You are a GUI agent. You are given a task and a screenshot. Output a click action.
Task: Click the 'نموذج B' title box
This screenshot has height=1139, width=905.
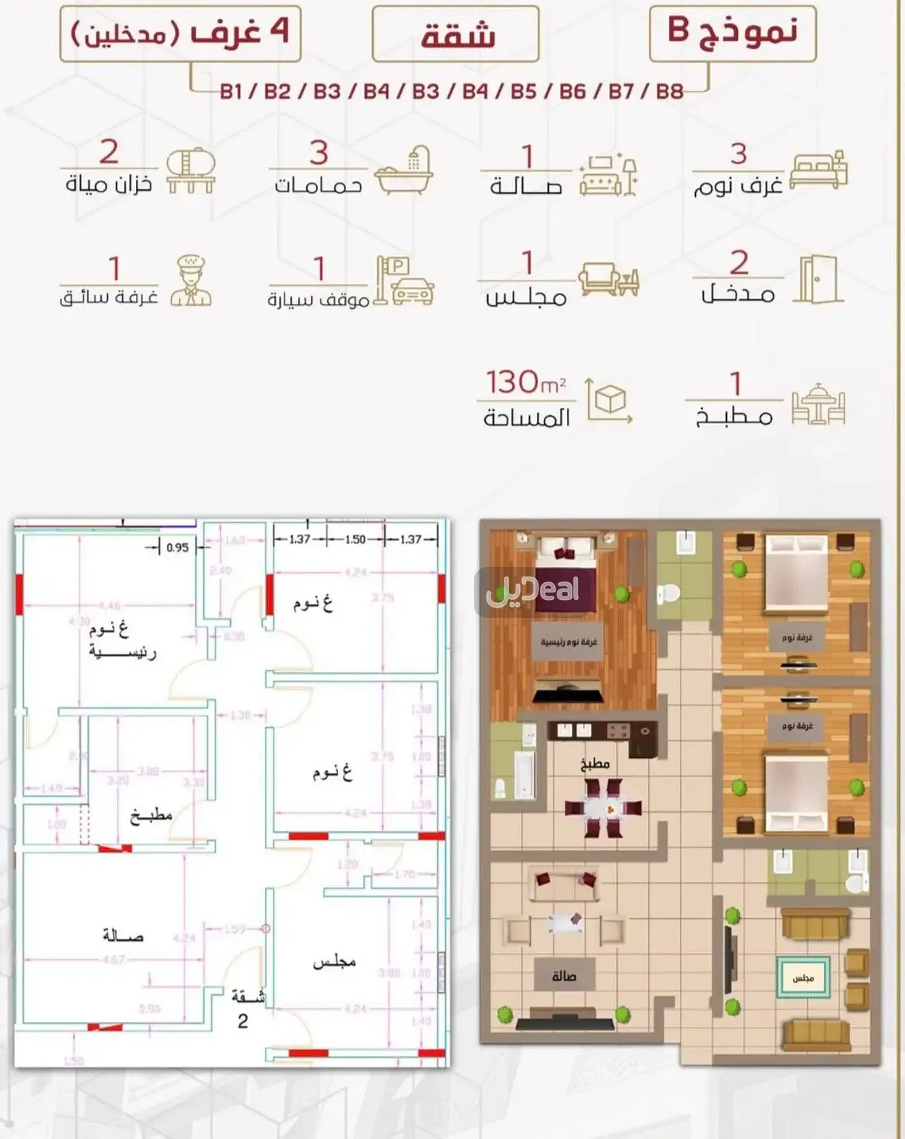click(732, 33)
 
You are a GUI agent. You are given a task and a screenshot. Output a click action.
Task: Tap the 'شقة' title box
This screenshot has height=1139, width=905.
click(456, 34)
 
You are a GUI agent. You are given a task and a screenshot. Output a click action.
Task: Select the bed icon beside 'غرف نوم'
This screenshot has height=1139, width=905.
click(818, 169)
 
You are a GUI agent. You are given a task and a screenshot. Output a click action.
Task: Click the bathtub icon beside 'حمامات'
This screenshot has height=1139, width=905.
click(403, 170)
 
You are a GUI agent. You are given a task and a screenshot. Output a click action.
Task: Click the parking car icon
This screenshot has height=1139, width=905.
click(404, 281)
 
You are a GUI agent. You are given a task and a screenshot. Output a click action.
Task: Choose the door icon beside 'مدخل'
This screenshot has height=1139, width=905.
click(818, 279)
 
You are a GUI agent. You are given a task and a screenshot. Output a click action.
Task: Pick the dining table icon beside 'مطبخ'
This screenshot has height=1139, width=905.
click(818, 404)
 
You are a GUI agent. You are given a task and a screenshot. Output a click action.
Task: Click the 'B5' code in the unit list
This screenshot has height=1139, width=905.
click(523, 91)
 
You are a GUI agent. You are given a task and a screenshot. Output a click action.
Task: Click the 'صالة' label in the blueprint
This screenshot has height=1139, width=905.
click(123, 935)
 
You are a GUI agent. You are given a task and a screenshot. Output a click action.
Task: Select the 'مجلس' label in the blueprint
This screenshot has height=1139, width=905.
click(334, 962)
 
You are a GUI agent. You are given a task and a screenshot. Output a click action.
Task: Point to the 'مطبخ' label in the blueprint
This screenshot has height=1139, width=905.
click(151, 815)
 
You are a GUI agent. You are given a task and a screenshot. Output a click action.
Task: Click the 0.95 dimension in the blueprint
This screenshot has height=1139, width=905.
click(177, 547)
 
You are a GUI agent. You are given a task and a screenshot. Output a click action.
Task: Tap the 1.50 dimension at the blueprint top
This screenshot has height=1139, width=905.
click(355, 539)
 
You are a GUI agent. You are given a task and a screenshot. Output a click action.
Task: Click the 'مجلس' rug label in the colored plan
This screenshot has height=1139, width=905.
click(802, 978)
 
